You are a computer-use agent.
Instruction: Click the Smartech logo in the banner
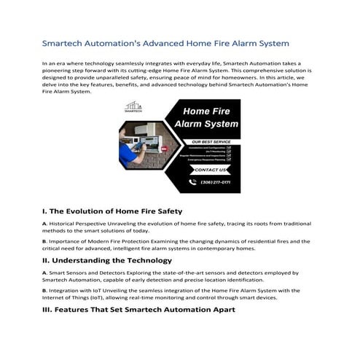(134, 107)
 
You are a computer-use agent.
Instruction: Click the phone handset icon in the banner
(194, 181)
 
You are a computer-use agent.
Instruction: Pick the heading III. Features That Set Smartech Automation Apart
(139, 310)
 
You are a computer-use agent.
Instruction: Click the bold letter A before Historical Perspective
(44, 224)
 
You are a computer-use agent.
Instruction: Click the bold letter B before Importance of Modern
(44, 240)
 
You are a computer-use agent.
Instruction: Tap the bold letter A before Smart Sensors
(44, 273)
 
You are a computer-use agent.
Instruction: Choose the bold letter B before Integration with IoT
(44, 289)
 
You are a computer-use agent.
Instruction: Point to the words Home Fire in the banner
(211, 112)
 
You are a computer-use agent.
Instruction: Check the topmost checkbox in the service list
(228, 147)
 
